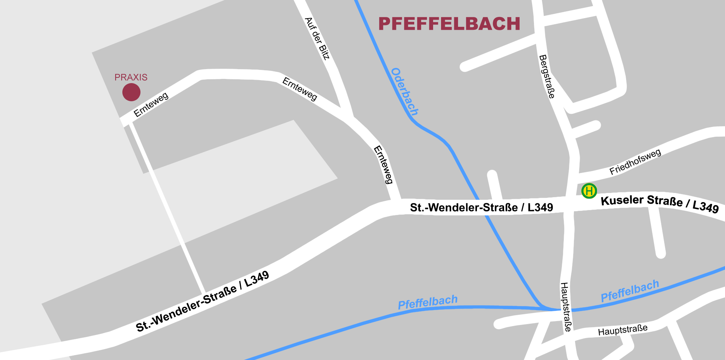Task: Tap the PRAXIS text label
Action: coord(131,77)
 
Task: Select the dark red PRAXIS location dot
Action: coord(131,92)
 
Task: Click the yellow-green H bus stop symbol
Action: coord(589,191)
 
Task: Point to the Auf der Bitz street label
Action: coord(317,39)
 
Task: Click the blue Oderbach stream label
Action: coord(404,91)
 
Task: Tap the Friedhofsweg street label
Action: coord(635,162)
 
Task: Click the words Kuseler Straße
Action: coord(641,201)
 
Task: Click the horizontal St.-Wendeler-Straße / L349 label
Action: coord(481,207)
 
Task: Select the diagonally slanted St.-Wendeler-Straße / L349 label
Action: coord(202,301)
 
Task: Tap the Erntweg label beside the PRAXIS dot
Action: coord(151,105)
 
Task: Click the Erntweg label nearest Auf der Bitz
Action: coord(300,89)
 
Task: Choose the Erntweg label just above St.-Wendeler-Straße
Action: coord(383,165)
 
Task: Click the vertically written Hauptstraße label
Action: coord(566,307)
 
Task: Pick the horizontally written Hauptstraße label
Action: coord(623,330)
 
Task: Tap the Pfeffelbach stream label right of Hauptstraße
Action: coord(629,291)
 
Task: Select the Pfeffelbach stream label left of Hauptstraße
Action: coord(427,302)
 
